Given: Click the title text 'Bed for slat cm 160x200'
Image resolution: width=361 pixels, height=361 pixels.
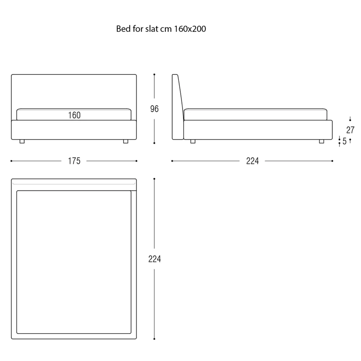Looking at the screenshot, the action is pyautogui.click(x=161, y=29).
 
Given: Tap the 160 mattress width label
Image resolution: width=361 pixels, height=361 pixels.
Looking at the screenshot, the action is pyautogui.click(x=74, y=115).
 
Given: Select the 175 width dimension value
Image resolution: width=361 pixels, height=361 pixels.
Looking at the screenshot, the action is pyautogui.click(x=74, y=161).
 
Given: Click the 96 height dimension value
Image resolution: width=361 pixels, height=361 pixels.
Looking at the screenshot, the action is pyautogui.click(x=154, y=109).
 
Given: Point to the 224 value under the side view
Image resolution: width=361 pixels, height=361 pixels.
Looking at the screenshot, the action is pyautogui.click(x=252, y=161).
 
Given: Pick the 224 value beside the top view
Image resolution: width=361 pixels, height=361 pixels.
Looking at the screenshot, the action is pyautogui.click(x=155, y=259).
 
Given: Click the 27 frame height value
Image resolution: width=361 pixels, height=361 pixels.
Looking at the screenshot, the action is pyautogui.click(x=350, y=130).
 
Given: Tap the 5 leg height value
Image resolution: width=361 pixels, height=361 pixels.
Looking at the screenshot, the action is pyautogui.click(x=344, y=141).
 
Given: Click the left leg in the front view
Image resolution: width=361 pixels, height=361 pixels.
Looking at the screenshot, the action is pyautogui.click(x=22, y=142).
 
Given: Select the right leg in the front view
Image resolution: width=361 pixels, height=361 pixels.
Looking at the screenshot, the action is pyautogui.click(x=126, y=142).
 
